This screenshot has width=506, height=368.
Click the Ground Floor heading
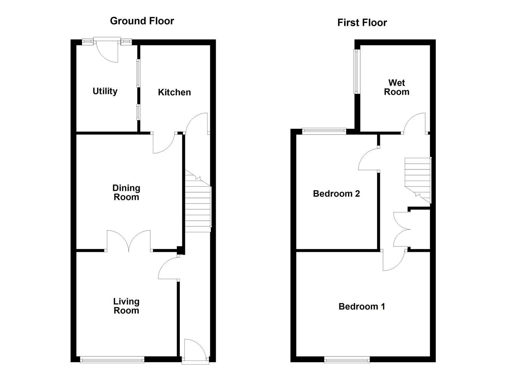click(142, 21)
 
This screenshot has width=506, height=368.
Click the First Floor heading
click(362, 22)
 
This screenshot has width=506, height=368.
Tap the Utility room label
click(105, 91)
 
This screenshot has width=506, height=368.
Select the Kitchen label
click(174, 92)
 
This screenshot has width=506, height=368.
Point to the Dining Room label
click(126, 193)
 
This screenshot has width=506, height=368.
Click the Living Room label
click(126, 306)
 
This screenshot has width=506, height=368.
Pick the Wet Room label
click(397, 87)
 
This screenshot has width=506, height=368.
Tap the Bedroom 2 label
click(336, 194)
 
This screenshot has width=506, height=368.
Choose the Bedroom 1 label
click(362, 307)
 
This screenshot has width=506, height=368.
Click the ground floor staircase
click(198, 201)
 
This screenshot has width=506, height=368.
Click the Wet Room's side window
click(356, 72)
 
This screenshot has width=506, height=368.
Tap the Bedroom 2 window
click(324, 131)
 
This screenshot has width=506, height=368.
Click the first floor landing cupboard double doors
click(402, 229)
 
